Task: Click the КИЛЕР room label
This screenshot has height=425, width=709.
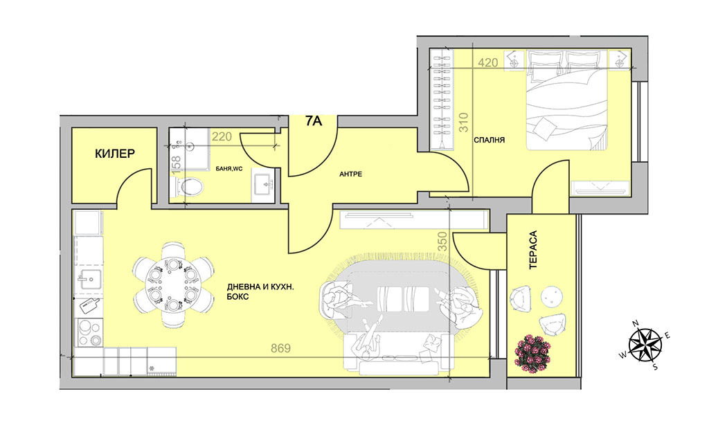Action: coord(115,154)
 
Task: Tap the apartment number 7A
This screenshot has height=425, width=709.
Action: coord(314,121)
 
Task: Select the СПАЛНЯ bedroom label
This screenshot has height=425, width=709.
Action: coord(490,140)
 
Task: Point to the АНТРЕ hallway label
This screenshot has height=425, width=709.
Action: coord(351,174)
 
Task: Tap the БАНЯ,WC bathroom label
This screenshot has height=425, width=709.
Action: coord(229,169)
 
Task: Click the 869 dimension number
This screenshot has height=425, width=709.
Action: coord(281,348)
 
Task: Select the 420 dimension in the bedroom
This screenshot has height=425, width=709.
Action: coord(488,63)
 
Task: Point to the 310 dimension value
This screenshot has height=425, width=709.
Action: coord(463,122)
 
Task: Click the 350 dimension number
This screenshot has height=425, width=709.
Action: coord(442,242)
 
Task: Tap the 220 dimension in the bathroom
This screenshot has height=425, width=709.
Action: coord(222,136)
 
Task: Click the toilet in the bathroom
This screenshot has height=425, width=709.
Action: coord(189,186)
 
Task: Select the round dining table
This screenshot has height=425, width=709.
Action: coord(173,285)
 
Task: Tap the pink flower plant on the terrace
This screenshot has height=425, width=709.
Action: coord(534,352)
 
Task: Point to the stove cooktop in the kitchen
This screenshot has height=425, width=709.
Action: coord(89,332)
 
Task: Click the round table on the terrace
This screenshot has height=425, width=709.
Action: coord(552,298)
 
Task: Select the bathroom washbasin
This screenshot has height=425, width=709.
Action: coord(263,186)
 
